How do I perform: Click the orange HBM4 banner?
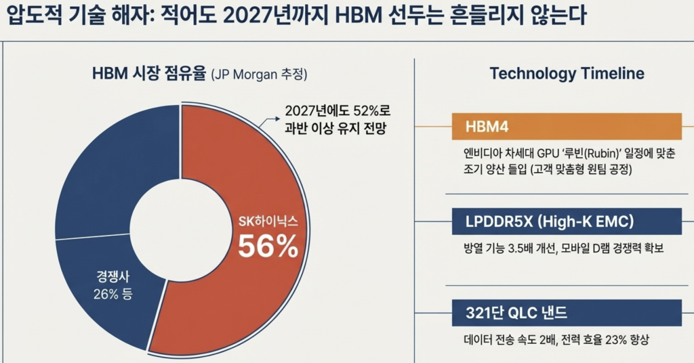pyautogui.click(x=566, y=127)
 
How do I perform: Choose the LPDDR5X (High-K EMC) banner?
pyautogui.click(x=566, y=221)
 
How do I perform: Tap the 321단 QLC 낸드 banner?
pyautogui.click(x=566, y=313)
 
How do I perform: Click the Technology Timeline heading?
pyautogui.click(x=567, y=74)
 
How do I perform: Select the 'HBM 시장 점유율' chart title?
pyautogui.click(x=148, y=74)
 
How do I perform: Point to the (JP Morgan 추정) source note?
pyautogui.click(x=264, y=74)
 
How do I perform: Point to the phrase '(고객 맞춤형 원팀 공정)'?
pyautogui.click(x=581, y=170)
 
